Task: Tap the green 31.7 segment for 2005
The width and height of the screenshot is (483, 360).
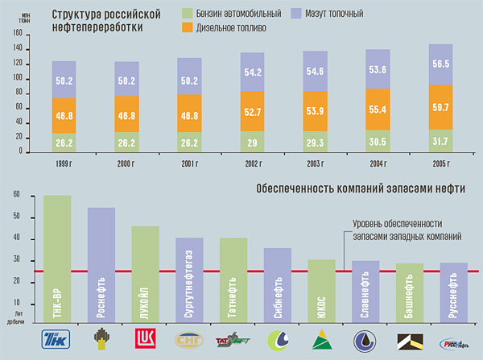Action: (441, 142)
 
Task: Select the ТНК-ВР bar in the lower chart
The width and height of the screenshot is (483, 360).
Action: (57, 258)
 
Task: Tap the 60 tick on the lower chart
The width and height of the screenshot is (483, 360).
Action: (18, 197)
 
